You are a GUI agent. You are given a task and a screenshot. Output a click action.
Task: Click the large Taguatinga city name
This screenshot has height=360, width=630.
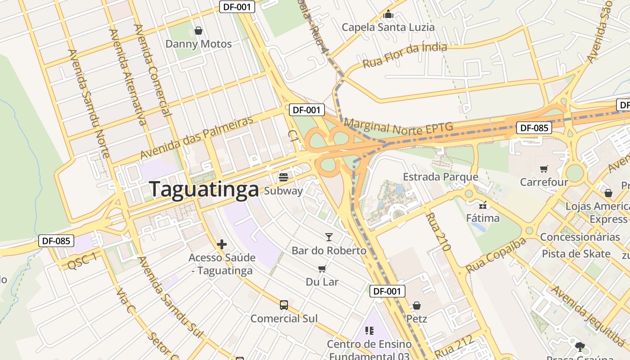pos(204,189)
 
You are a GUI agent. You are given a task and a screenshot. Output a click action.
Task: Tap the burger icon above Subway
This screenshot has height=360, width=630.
pos(283,176)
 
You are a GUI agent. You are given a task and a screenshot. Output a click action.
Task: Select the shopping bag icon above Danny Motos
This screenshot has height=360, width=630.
pos(198,31)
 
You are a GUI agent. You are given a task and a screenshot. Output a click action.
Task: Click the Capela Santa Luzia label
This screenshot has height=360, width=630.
pos(388,27)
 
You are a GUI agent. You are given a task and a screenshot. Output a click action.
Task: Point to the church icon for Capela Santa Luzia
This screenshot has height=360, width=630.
pos(388,14)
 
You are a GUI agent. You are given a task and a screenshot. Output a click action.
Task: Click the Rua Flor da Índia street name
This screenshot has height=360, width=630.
pos(405,54)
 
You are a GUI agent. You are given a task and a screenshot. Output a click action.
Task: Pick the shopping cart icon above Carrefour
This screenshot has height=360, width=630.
pos(544,169)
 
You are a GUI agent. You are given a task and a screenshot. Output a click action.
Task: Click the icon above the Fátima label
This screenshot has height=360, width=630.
pos(483,205)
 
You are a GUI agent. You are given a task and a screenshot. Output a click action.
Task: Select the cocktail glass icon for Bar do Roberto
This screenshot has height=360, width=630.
pos(329,237)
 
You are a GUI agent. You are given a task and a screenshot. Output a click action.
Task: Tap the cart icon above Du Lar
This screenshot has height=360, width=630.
pos(322,269)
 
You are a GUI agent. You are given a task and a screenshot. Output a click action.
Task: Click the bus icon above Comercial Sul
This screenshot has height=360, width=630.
pos(283,305)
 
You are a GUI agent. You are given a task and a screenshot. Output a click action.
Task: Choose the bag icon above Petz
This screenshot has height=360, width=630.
pos(417,306)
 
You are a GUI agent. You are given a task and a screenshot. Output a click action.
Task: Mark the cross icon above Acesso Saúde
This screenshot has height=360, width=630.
pos(221,244)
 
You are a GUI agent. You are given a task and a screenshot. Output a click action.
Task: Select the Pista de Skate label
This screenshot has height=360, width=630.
pos(576,254)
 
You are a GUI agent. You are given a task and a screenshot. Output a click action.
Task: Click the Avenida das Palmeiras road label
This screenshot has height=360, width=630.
pos(197,138)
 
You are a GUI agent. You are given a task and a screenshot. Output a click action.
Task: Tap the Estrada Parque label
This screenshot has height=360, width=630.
pos(440,177)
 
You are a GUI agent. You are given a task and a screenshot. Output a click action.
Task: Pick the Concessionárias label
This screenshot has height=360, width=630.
pos(580,237)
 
